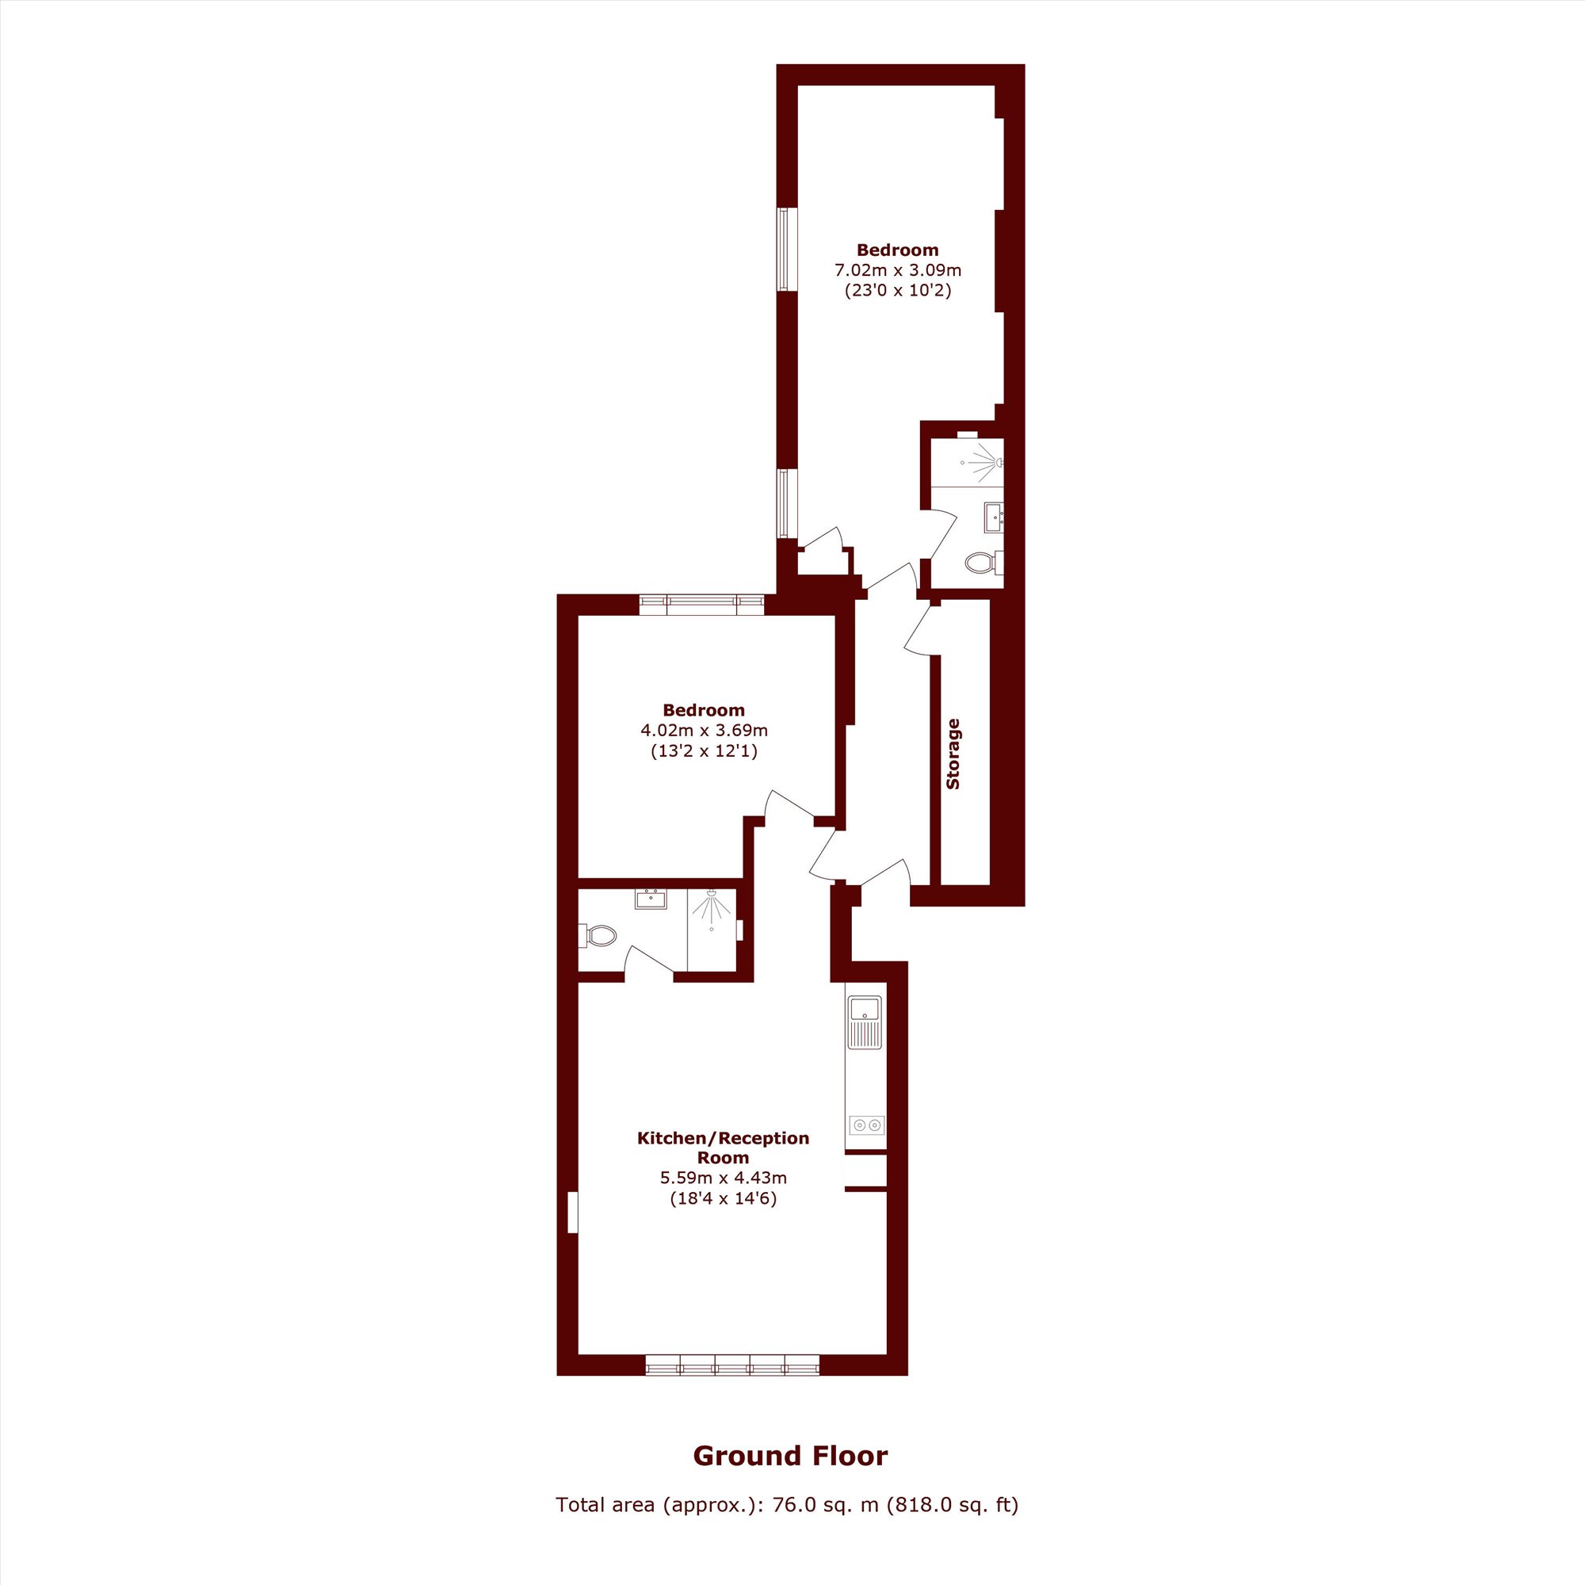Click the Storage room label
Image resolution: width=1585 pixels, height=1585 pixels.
click(953, 754)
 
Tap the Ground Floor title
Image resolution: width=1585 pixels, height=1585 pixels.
click(791, 1455)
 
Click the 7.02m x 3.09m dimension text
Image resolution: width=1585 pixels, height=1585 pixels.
click(898, 270)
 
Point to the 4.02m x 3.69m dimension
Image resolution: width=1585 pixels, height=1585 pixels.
click(704, 730)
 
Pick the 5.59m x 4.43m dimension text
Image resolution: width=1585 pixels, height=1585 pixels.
click(724, 1178)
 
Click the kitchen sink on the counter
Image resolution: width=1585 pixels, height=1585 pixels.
click(865, 1022)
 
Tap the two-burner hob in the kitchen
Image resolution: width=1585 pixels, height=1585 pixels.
click(866, 1124)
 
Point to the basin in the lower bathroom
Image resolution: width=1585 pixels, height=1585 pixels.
click(651, 899)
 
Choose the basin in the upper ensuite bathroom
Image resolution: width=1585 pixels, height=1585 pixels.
click(994, 517)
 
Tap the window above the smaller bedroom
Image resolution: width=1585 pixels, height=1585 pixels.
click(701, 605)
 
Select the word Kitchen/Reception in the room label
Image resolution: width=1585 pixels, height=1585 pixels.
click(724, 1139)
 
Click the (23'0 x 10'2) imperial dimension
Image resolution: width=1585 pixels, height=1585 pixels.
click(899, 290)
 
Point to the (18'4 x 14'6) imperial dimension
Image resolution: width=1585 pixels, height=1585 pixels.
click(724, 1198)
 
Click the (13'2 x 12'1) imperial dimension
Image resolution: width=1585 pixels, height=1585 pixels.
click(704, 750)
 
